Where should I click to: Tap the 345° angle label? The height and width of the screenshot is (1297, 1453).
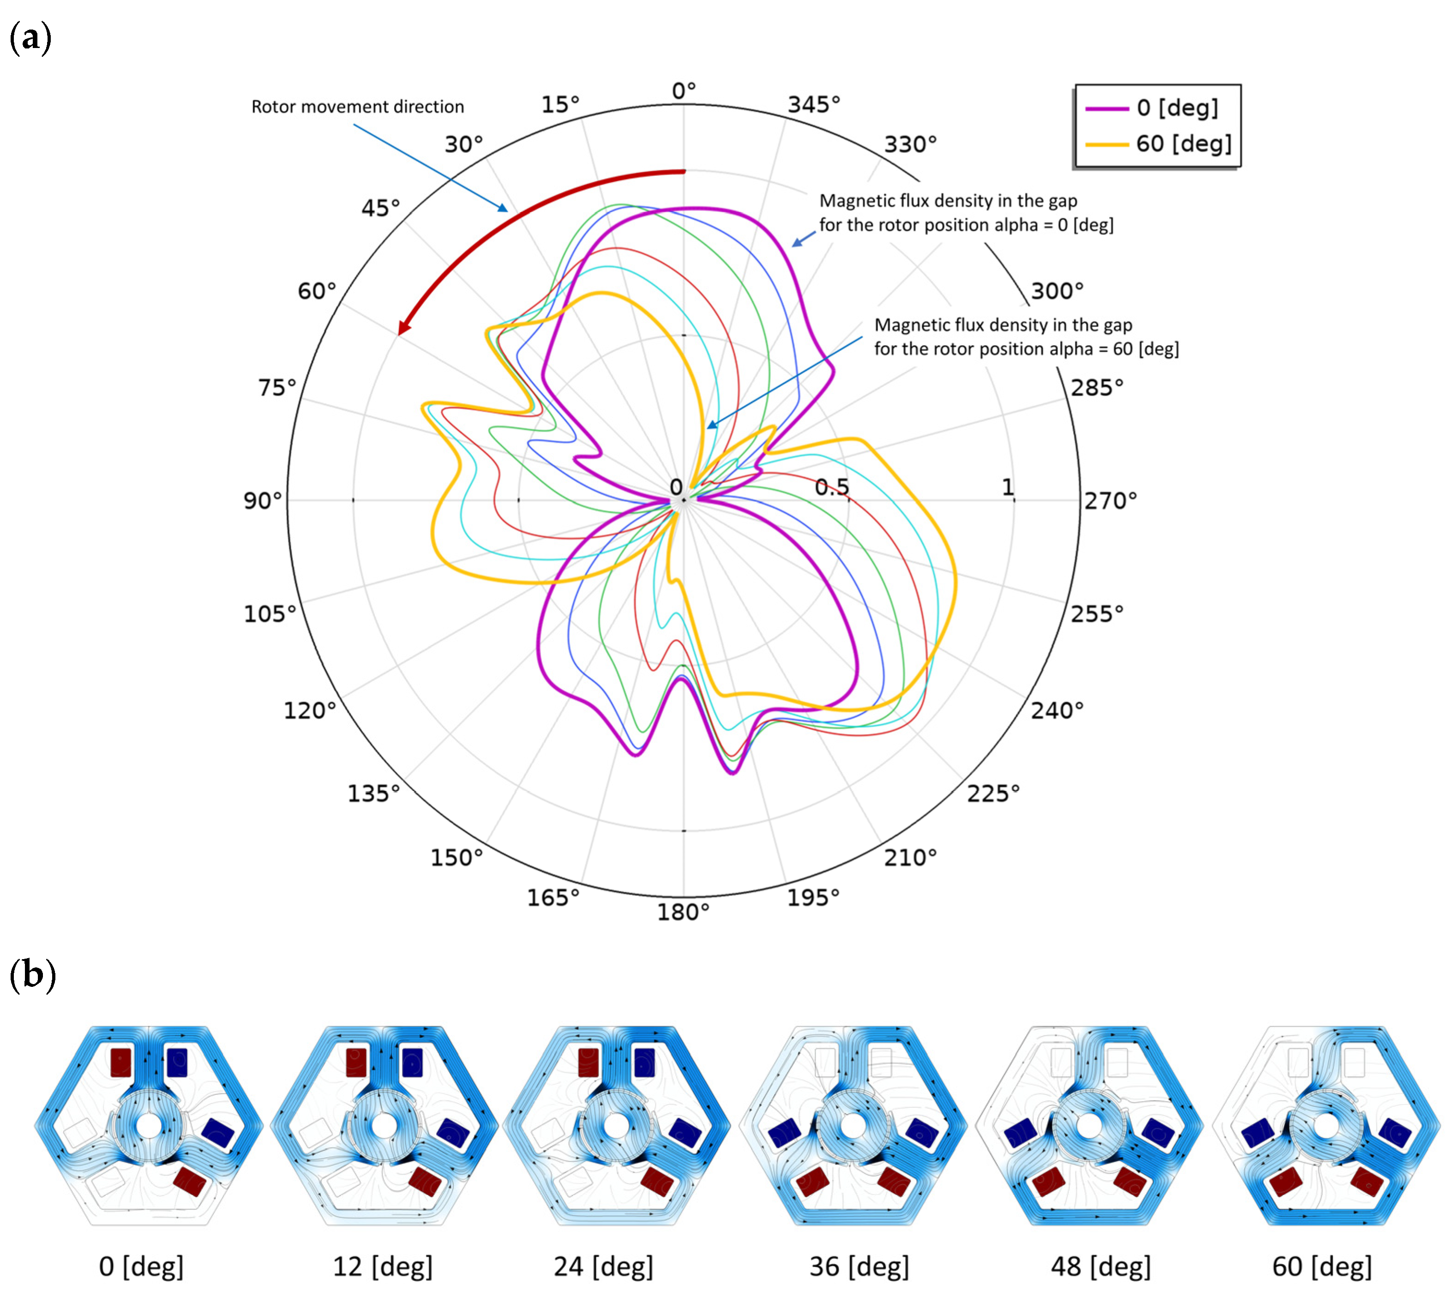[x=813, y=105]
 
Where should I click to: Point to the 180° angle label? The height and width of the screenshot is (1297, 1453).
[x=683, y=912]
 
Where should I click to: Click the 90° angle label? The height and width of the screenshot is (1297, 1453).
[x=262, y=500]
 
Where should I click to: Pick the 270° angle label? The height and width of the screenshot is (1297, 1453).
[x=1110, y=500]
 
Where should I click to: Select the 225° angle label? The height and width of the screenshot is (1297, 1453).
[x=993, y=793]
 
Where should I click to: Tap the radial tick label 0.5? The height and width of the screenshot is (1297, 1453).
[x=832, y=487]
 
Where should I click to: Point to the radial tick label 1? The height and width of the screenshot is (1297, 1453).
[x=1007, y=487]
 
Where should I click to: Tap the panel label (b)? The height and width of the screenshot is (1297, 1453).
[x=32, y=974]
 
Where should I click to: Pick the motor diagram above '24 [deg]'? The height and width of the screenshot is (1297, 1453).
[x=616, y=1126]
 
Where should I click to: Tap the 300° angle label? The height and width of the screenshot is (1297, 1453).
[x=1057, y=291]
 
